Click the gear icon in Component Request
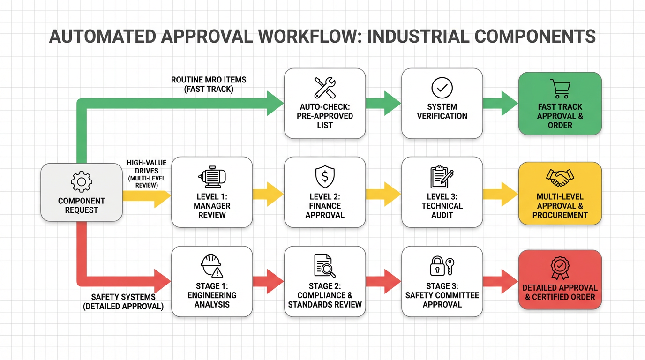(x=81, y=181)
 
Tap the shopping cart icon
(x=560, y=89)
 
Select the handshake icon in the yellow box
(x=560, y=178)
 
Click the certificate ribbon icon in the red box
(x=560, y=267)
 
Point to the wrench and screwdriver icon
(x=324, y=87)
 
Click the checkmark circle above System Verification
(x=442, y=88)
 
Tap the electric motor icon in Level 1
(x=212, y=177)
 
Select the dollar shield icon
(x=324, y=177)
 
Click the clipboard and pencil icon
(x=442, y=177)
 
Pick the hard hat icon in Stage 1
(x=212, y=266)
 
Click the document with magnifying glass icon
(x=324, y=266)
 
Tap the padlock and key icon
(x=442, y=266)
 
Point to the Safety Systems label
(x=123, y=302)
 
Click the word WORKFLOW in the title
(x=289, y=36)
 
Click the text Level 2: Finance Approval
(x=324, y=206)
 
